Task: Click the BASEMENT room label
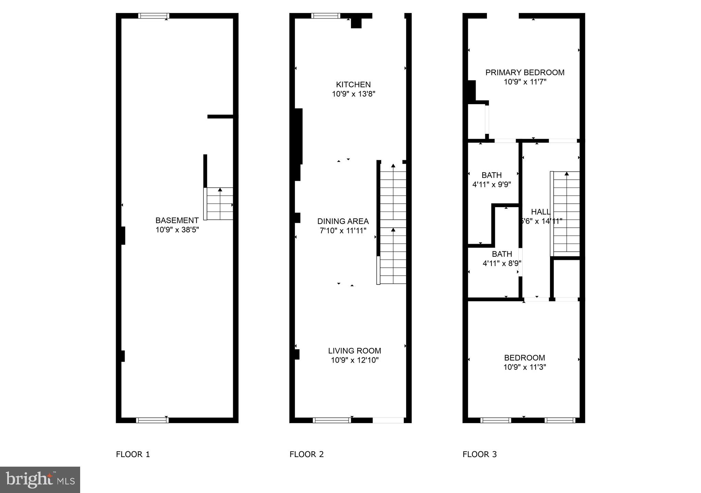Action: (177, 220)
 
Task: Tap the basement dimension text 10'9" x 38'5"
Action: (177, 230)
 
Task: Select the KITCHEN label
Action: (353, 85)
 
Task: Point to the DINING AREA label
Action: (343, 222)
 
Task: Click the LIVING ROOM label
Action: (354, 351)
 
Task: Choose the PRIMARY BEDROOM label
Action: (525, 73)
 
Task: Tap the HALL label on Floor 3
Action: (540, 212)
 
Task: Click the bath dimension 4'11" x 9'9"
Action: (491, 185)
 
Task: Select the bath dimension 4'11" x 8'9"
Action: (502, 264)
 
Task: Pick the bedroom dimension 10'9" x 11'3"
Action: (524, 367)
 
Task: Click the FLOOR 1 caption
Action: (133, 455)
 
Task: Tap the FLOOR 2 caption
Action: (306, 455)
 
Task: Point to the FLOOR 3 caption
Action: (479, 455)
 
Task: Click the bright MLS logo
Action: (40, 480)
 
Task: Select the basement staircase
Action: (220, 204)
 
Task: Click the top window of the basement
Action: (153, 16)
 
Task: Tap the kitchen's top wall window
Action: (326, 16)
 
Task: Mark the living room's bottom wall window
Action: (331, 420)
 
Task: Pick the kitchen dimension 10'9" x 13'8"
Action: (353, 94)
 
